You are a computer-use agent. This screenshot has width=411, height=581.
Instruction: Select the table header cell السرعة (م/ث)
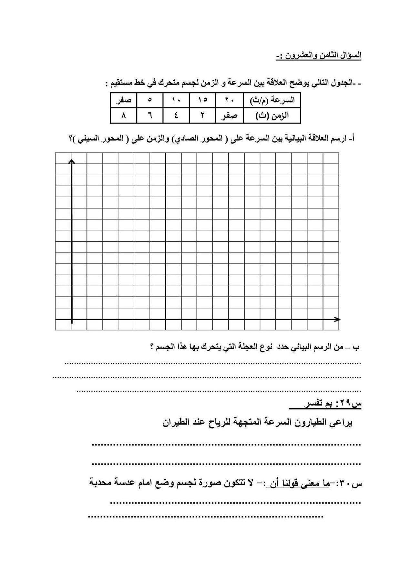[x=272, y=100]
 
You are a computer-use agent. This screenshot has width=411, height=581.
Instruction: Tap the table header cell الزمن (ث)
[x=272, y=116]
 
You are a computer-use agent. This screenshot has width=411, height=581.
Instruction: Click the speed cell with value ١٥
[x=202, y=100]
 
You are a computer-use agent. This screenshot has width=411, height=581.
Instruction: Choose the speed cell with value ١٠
[x=176, y=100]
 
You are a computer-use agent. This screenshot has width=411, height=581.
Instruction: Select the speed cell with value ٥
[x=150, y=100]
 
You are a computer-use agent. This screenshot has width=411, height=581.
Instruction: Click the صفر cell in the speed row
[x=123, y=100]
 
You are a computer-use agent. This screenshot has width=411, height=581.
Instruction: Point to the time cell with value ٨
[x=123, y=116]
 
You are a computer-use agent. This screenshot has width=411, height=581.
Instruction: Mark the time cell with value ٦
[x=150, y=116]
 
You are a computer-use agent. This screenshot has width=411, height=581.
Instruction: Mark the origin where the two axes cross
[x=72, y=320]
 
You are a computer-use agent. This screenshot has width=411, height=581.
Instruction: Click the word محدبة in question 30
[x=103, y=484]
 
